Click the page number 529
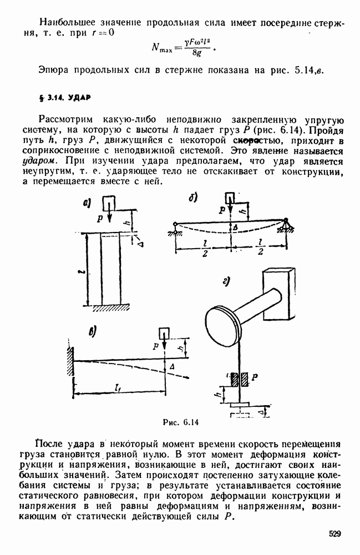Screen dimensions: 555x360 [x=334, y=534]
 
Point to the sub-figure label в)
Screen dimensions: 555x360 [x=92, y=332]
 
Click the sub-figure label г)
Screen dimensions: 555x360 [x=226, y=282]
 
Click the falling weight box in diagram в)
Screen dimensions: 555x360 [x=165, y=333]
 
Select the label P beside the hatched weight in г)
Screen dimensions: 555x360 [x=255, y=376]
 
